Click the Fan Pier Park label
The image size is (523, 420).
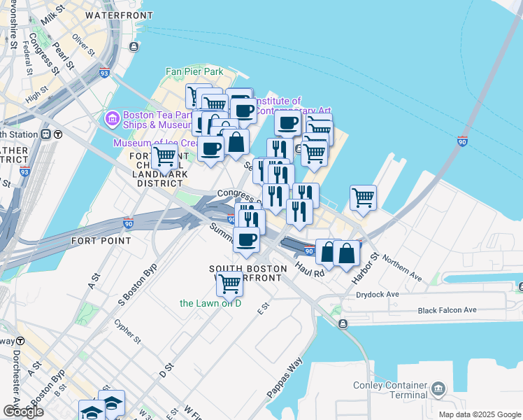coord(194,71)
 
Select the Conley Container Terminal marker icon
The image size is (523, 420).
coord(438,387)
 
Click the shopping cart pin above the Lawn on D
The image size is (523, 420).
coord(229,283)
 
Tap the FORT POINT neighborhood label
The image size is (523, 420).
coord(101,241)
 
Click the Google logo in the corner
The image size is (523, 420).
coord(24,411)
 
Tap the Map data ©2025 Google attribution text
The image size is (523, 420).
coord(479,414)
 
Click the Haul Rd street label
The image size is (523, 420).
coord(309,269)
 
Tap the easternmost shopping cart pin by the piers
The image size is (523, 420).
coord(363,197)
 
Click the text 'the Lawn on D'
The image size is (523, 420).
coord(210,303)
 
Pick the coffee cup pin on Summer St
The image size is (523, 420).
coord(246,240)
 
